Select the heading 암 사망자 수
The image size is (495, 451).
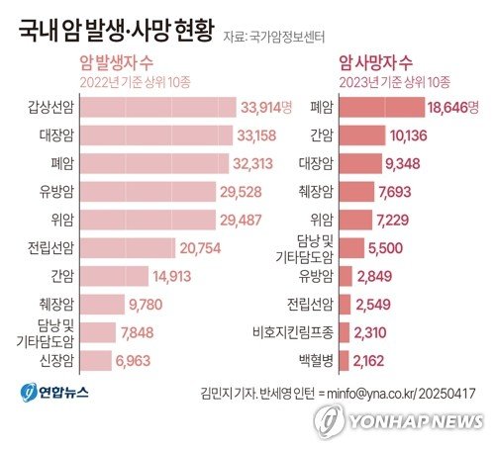(377, 61)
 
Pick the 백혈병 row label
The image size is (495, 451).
(318, 362)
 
